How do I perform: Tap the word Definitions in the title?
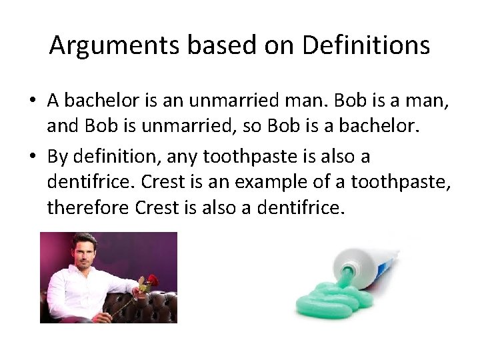(x=365, y=45)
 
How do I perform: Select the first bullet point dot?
(x=32, y=101)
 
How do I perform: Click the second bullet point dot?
(x=32, y=157)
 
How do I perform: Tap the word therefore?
(x=89, y=208)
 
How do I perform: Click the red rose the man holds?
(x=152, y=280)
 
